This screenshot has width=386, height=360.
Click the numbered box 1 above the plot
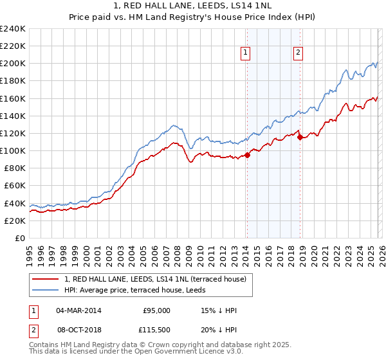click(246, 53)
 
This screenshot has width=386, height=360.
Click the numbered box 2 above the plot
click(299, 53)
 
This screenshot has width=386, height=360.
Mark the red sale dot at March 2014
click(247, 155)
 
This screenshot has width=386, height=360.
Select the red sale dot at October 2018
click(299, 137)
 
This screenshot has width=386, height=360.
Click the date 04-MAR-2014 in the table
click(79, 310)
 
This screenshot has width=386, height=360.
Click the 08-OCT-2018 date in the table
click(79, 330)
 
